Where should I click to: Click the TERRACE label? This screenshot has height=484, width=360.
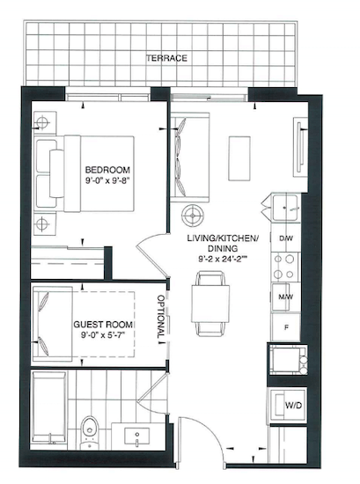(166, 58)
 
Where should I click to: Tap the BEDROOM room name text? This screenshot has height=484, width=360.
(107, 170)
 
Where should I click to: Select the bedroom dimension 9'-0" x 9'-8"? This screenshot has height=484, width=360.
(107, 180)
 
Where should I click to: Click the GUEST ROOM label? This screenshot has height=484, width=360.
(103, 325)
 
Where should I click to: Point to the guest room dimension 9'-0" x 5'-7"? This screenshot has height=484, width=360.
(103, 335)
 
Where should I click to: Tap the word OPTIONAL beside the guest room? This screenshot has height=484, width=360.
(161, 317)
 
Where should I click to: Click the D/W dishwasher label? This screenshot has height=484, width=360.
(285, 238)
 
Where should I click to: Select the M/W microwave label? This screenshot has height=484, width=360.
(285, 297)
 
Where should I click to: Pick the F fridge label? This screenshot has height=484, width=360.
(286, 327)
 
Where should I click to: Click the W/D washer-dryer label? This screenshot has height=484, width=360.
(293, 405)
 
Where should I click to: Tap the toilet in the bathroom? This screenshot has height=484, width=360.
(90, 432)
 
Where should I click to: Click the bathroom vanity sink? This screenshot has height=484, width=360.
(136, 436)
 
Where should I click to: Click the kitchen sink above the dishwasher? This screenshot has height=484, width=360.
(285, 207)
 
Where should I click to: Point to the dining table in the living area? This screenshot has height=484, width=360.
(210, 304)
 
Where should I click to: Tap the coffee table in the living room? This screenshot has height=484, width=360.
(239, 158)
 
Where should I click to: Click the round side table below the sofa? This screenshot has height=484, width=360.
(193, 215)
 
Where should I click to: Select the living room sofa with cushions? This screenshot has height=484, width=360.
(190, 158)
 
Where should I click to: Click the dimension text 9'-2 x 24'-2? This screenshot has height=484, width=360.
(223, 259)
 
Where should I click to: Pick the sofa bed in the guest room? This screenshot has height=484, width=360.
(53, 324)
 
